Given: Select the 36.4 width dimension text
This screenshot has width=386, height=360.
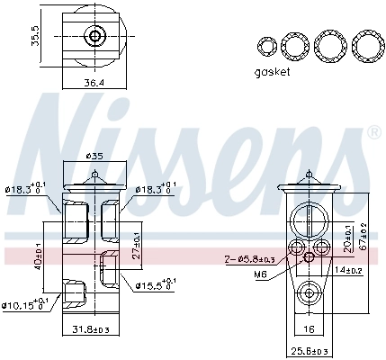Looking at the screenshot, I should [x=94, y=83].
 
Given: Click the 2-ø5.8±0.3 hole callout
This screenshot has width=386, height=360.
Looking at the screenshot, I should [x=253, y=260].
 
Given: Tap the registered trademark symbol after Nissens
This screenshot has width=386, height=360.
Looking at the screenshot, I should [x=374, y=131].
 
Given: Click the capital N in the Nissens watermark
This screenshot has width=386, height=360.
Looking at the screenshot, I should [x=67, y=135].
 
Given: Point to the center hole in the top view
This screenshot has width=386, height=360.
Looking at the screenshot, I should [x=94, y=37].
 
